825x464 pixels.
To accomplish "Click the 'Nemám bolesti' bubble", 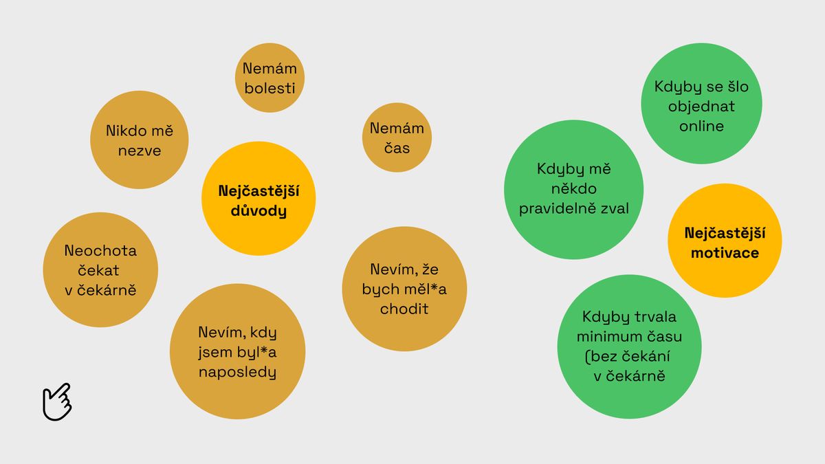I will click(269, 78).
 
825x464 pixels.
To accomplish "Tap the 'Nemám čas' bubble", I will click(397, 137).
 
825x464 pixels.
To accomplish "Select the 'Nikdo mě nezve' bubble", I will click(139, 140).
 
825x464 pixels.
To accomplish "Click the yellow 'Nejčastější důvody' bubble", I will click(258, 200).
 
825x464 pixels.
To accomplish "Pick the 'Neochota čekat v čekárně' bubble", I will click(100, 270).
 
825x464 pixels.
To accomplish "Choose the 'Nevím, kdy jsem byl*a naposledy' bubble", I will click(237, 353).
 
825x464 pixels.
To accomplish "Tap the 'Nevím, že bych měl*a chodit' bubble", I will click(405, 289).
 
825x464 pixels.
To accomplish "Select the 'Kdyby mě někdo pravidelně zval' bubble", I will click(573, 189).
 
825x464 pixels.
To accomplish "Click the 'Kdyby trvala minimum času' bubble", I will click(629, 346).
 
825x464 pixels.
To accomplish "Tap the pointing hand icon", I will click(57, 401).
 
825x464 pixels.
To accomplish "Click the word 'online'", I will click(701, 126).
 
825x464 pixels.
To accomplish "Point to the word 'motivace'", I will click(725, 253).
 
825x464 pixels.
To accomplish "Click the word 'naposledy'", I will click(237, 373).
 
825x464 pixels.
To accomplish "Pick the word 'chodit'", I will click(405, 309).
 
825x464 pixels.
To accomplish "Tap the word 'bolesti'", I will click(269, 88).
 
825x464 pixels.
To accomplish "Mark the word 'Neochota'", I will click(100, 250).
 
